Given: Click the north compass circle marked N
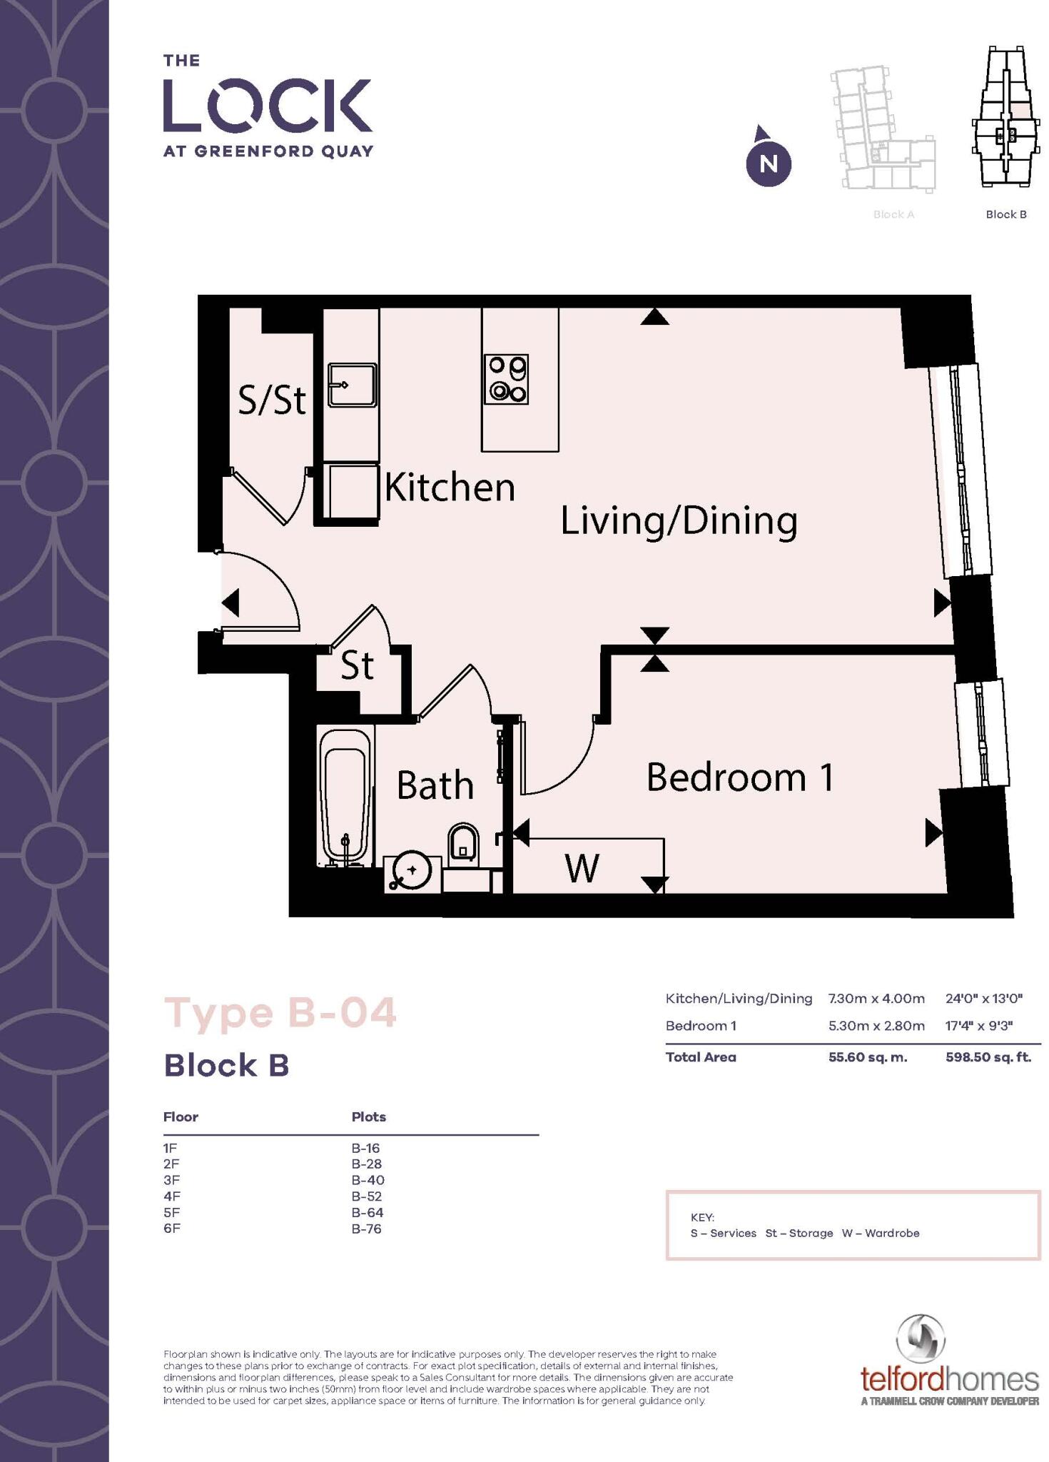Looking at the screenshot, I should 768,163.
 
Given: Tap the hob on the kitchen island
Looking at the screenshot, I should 506,379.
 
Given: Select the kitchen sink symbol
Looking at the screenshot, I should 352,385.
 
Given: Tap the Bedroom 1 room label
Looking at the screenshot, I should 739,777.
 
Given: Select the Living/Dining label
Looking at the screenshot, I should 678,520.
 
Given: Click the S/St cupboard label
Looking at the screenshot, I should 272,400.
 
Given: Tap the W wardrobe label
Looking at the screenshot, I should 582,869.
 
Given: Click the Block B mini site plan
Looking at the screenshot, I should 1005,118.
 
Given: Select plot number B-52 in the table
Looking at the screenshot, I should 367,1196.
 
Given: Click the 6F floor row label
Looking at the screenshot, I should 171,1229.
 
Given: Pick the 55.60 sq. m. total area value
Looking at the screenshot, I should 867,1057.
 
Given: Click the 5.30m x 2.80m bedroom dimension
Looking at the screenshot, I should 876,1026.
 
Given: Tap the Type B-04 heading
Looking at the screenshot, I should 280,1013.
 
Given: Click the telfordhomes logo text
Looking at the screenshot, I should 949,1377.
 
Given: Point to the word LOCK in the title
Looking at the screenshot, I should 268,106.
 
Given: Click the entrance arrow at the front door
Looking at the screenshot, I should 230,603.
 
